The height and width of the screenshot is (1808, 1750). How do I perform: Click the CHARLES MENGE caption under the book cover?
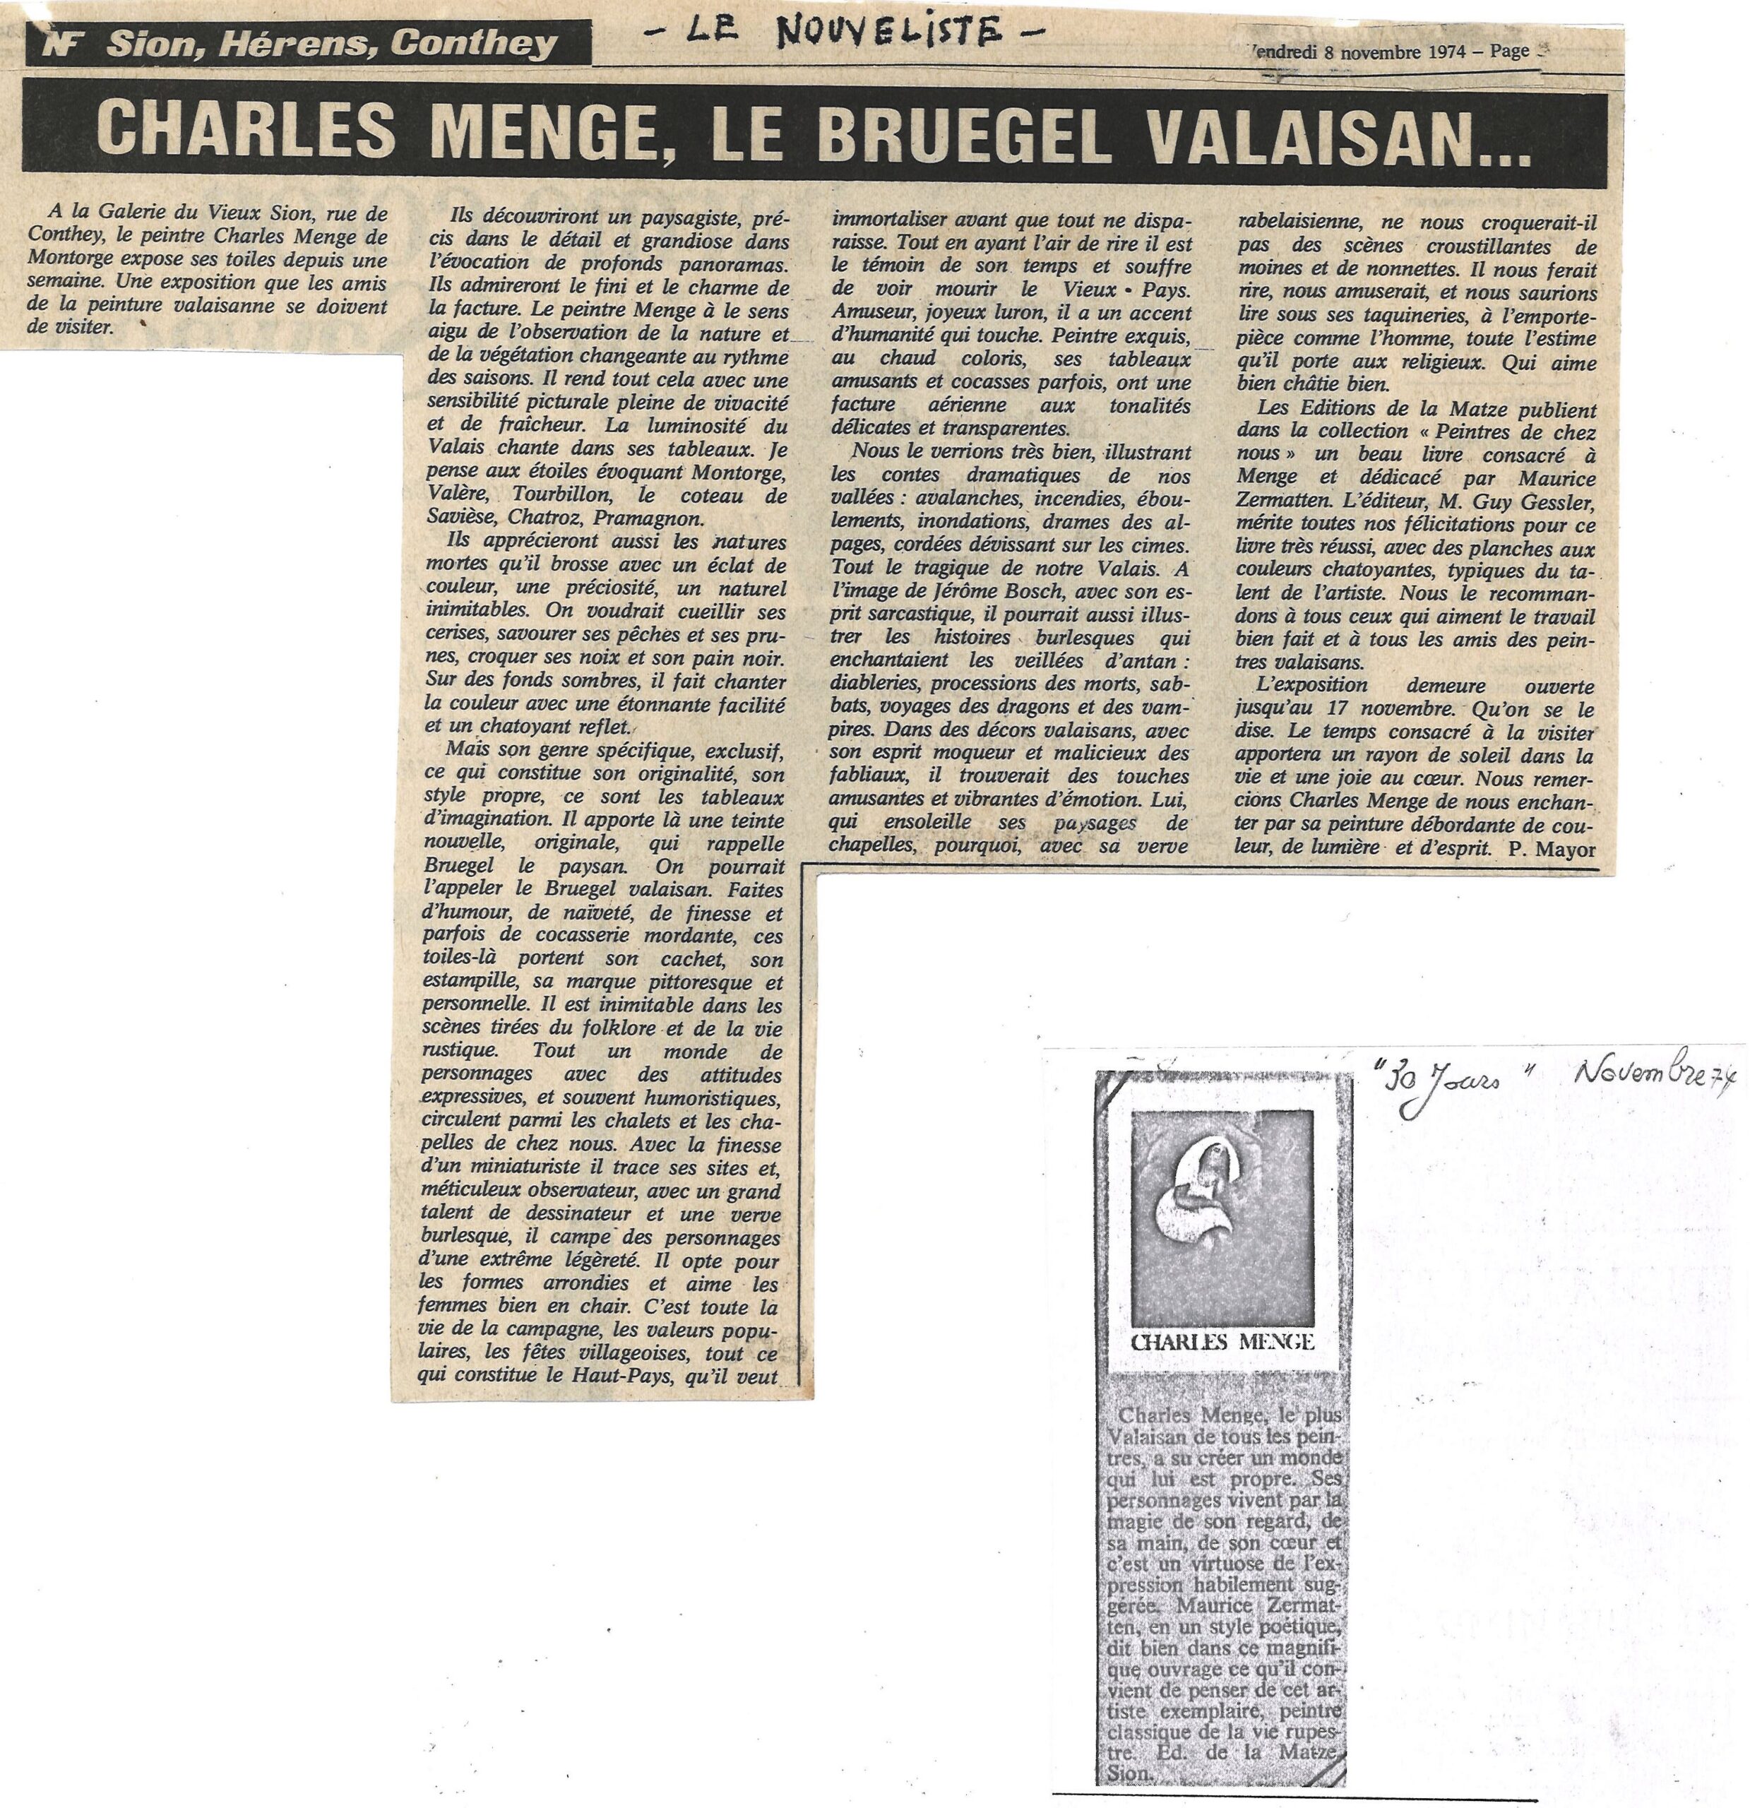click(1222, 1341)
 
